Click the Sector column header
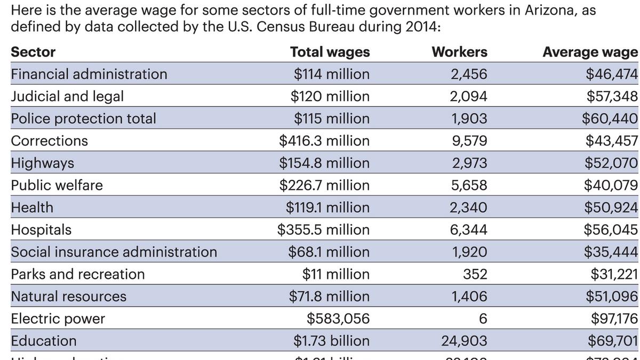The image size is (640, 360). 33,52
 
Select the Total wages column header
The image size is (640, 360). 330,52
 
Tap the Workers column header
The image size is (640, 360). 459,52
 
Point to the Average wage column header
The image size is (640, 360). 590,52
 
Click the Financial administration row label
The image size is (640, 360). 89,74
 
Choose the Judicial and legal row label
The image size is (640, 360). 67,97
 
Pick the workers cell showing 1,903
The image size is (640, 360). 469,118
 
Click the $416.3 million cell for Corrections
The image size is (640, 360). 324,141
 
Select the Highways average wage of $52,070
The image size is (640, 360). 611,163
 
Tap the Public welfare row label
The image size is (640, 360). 57,185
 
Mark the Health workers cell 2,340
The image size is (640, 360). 468,207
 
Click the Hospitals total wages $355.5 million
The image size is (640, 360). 323,229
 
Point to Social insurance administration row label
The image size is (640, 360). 114,252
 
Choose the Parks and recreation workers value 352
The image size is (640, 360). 475,274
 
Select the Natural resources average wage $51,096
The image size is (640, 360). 612,296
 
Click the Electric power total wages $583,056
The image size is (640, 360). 338,319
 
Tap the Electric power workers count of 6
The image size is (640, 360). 483,319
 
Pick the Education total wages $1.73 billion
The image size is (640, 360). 331,341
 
